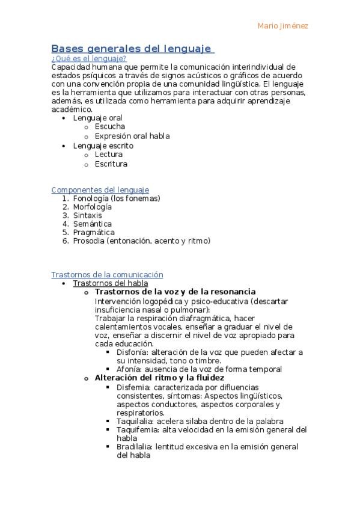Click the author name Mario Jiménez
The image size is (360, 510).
coord(282,26)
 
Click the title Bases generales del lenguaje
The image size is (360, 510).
coord(131,48)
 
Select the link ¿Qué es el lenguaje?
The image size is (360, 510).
coord(89,58)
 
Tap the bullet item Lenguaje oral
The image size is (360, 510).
coord(97,118)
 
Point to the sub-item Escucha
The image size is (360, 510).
coord(110,127)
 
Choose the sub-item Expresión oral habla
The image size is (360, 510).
coord(132,136)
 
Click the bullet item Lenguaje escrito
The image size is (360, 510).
coord(103,146)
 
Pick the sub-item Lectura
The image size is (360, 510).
coord(109,155)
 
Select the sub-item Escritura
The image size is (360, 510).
coord(111,164)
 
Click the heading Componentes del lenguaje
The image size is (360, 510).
coord(100,189)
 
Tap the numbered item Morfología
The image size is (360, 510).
coord(93,206)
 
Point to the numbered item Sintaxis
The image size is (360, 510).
coord(88,215)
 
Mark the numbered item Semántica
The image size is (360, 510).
coord(93,224)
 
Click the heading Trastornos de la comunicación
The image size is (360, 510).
coord(107,274)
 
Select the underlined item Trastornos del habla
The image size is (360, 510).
coord(110,283)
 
